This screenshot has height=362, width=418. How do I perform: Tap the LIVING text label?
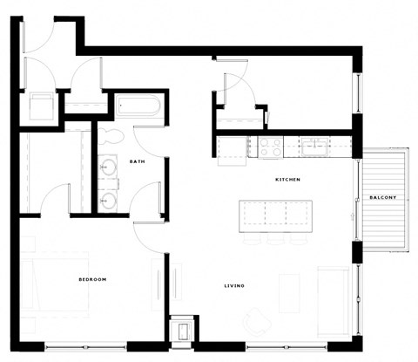tap(233, 286)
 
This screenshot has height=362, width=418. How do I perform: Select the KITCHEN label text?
tap(288, 180)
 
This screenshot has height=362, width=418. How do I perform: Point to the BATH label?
tap(137, 161)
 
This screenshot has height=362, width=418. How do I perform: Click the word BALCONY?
tap(382, 197)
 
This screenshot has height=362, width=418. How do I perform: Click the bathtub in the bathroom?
tap(138, 109)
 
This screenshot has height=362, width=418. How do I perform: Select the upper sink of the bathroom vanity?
tap(109, 166)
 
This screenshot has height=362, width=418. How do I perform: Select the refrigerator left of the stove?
tap(233, 149)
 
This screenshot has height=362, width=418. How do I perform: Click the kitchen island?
tap(275, 214)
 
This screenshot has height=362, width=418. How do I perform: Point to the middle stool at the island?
tap(276, 237)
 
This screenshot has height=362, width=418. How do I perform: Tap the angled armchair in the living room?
tap(257, 323)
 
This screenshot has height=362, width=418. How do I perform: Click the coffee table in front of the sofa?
tap(290, 292)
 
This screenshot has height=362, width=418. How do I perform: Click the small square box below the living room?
tap(184, 331)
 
